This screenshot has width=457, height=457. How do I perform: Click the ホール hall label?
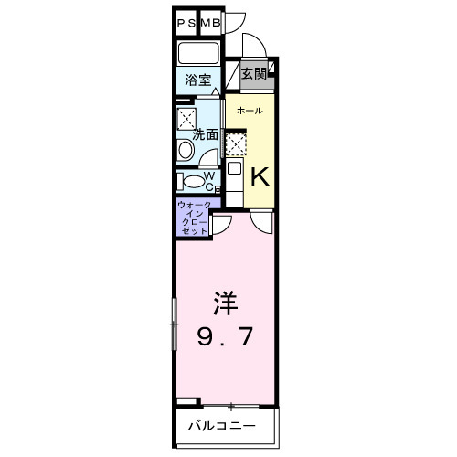pos(250,112)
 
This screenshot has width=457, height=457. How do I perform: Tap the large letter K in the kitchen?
pos(259,175)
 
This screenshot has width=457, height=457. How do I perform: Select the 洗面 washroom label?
pos(205,134)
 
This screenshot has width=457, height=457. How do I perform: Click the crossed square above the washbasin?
pos(188,117)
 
